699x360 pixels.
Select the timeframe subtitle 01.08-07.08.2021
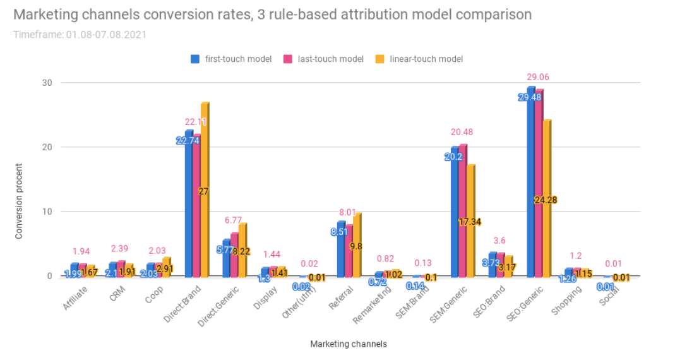click(80, 34)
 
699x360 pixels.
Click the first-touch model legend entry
click(231, 59)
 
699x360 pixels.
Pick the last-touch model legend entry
click(324, 59)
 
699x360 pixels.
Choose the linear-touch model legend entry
click(419, 59)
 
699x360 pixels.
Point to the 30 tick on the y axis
click(47, 83)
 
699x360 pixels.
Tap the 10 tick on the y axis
click(47, 212)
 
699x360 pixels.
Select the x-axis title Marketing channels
click(349, 344)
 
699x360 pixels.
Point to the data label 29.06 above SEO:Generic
click(539, 76)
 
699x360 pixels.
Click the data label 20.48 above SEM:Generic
click(462, 132)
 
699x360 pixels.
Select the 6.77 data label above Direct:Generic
click(234, 220)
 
